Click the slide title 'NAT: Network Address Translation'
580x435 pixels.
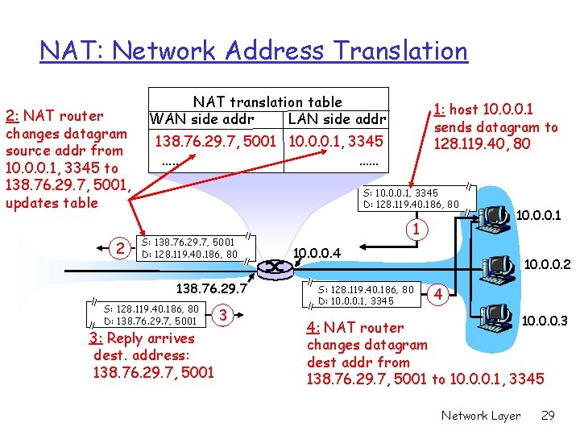pyautogui.click(x=254, y=52)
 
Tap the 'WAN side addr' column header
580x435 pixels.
pyautogui.click(x=201, y=119)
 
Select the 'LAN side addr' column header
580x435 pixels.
pyautogui.click(x=337, y=119)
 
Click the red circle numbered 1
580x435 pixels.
pyautogui.click(x=416, y=230)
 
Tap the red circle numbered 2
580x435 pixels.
pyautogui.click(x=120, y=248)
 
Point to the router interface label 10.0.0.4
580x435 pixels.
pyautogui.click(x=317, y=254)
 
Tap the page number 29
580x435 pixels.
pyautogui.click(x=548, y=416)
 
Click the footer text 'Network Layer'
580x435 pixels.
pyautogui.click(x=480, y=416)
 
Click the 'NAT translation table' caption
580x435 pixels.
pyautogui.click(x=267, y=102)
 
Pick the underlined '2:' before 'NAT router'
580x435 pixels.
pyautogui.click(x=14, y=116)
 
